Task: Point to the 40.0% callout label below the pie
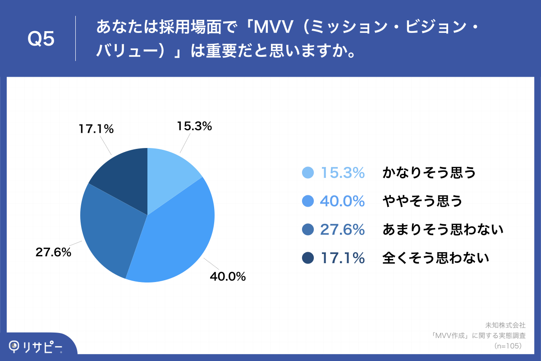228,277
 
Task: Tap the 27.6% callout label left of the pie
53,253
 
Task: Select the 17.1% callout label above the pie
96,129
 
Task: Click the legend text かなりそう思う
429,173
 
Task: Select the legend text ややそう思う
422,201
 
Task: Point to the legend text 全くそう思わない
436,258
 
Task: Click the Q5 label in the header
41,39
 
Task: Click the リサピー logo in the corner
36,347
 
